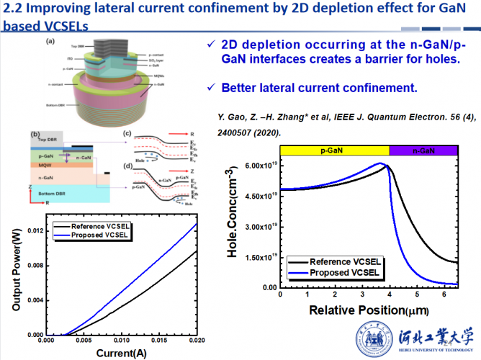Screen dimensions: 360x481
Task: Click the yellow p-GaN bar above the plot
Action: pyautogui.click(x=335, y=150)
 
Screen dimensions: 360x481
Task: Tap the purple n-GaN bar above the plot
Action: pyautogui.click(x=423, y=150)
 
